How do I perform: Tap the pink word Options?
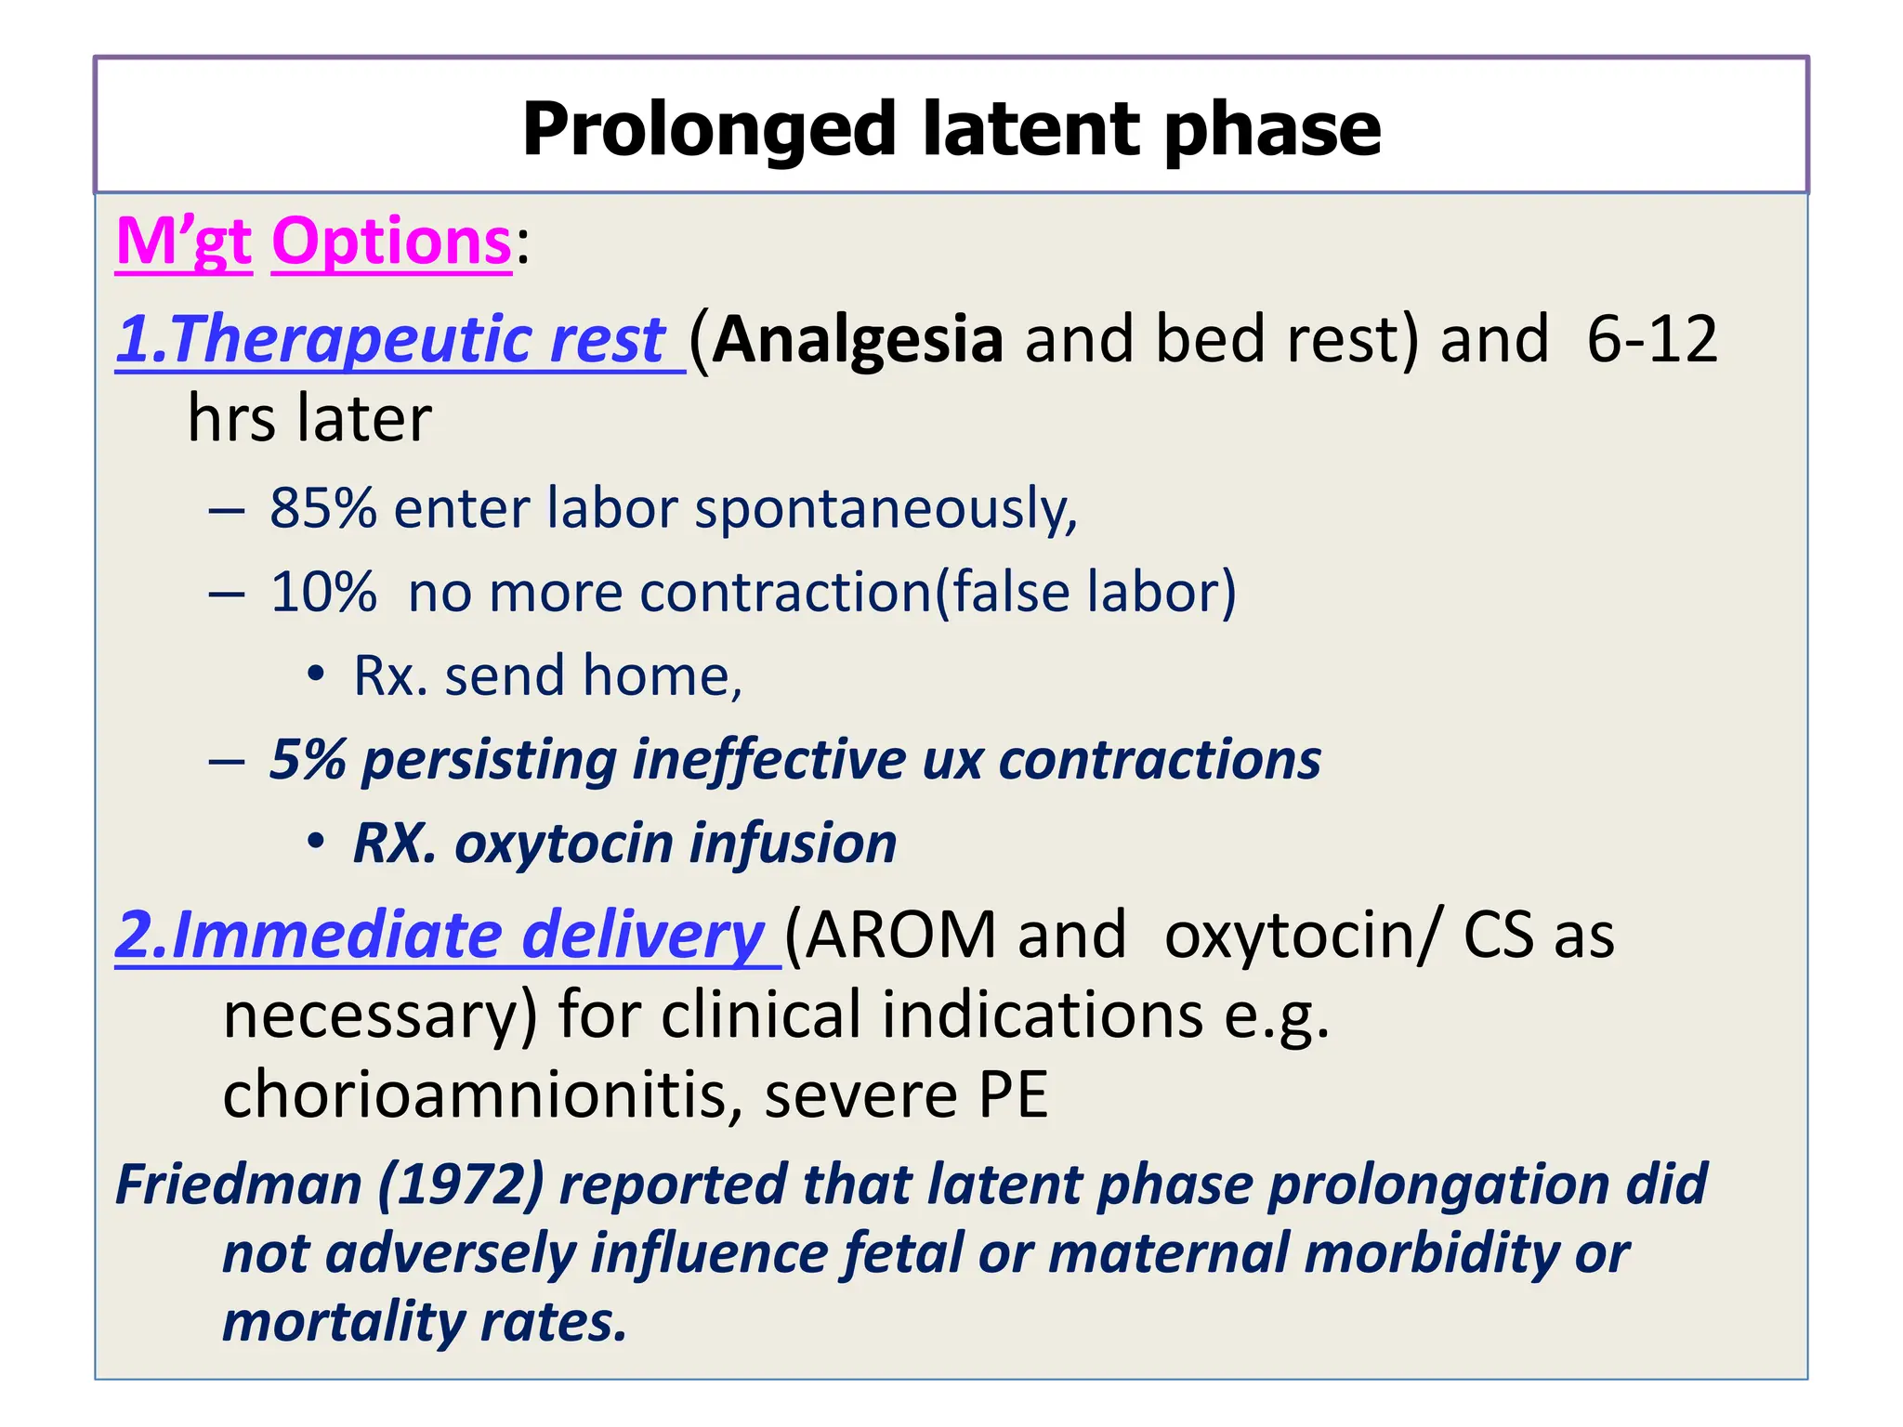click(391, 242)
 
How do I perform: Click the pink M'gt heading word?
click(183, 242)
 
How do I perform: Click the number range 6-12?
click(1651, 339)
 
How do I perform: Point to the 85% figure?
click(322, 509)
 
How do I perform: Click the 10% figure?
click(322, 593)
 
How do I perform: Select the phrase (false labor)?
click(1084, 593)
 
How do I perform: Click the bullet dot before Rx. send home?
click(316, 674)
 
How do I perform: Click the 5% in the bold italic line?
click(307, 760)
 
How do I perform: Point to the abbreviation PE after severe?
click(1013, 1095)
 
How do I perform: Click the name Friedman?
click(239, 1185)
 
